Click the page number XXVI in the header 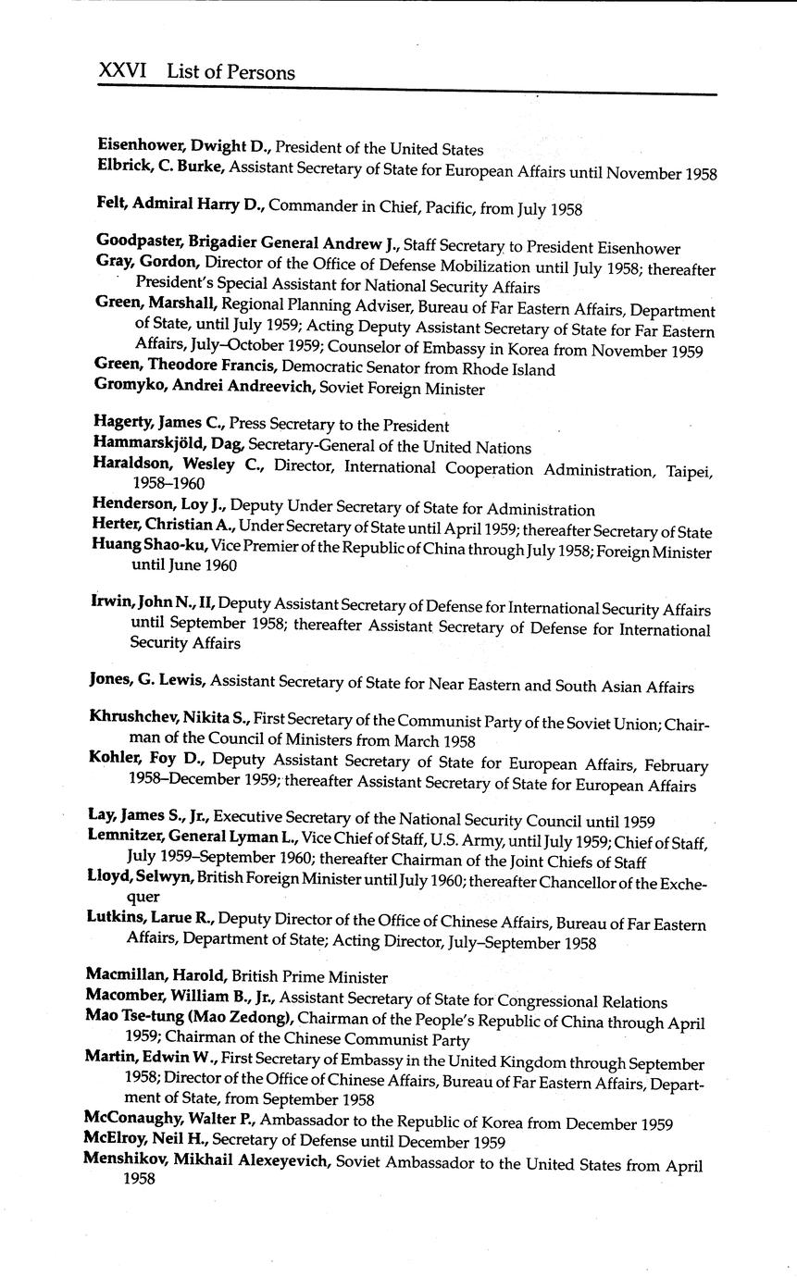[x=125, y=71]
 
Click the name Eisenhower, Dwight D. [x=184, y=147]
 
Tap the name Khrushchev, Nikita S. [x=168, y=717]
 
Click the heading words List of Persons [x=230, y=72]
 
